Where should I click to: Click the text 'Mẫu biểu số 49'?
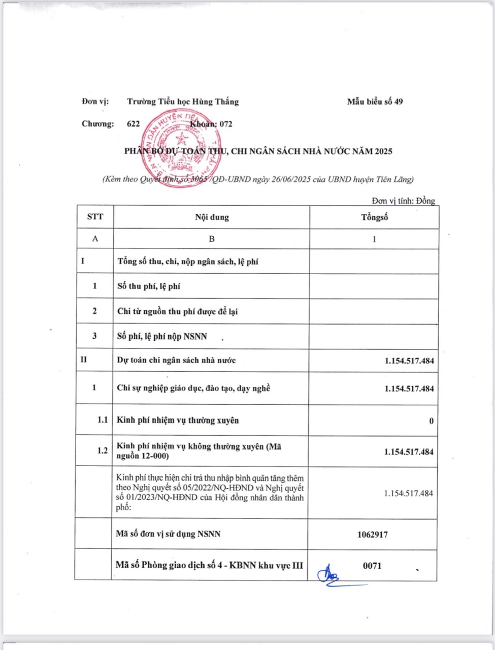(x=375, y=102)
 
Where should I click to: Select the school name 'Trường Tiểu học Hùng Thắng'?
(x=183, y=102)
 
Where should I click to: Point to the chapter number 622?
(x=134, y=124)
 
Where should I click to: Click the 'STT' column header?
(x=95, y=217)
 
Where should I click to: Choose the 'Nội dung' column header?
(x=212, y=217)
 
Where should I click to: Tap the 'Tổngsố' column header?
(x=374, y=217)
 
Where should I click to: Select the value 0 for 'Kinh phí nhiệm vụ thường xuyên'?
(x=432, y=421)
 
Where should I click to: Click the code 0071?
(x=372, y=566)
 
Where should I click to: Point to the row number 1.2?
(x=103, y=451)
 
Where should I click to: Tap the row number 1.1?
(x=103, y=420)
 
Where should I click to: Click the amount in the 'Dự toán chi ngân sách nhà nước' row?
(x=409, y=361)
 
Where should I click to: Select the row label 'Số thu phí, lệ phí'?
(x=148, y=286)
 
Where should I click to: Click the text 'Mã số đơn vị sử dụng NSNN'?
(x=168, y=534)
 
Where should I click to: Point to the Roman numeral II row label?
(x=84, y=360)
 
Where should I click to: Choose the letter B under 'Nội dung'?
(x=212, y=239)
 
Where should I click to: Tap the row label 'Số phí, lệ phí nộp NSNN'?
(x=162, y=336)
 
